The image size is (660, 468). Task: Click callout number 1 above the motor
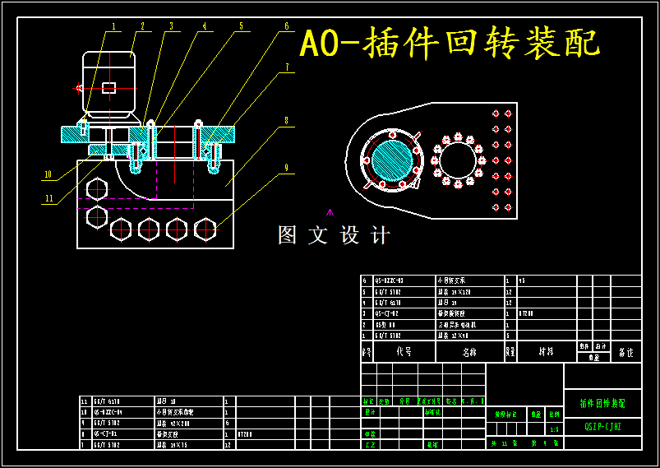(x=114, y=25)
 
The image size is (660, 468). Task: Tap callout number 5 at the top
(x=241, y=25)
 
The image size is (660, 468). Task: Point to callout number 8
(x=286, y=120)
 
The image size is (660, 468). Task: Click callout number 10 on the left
(x=48, y=174)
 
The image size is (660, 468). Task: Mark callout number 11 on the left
(x=49, y=198)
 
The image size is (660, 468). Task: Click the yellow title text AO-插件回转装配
(x=450, y=44)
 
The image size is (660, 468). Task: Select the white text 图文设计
(x=334, y=235)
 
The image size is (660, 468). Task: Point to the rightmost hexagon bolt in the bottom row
(x=205, y=229)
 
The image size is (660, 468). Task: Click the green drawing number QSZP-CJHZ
(x=602, y=427)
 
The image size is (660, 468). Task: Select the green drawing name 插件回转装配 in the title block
(x=602, y=404)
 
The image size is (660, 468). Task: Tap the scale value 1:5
(x=554, y=429)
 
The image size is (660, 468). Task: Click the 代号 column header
(x=404, y=351)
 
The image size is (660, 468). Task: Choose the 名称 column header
(x=468, y=351)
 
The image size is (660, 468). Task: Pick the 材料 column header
(x=546, y=351)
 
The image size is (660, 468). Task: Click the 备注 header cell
(x=625, y=352)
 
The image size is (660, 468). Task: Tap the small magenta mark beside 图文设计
(x=330, y=212)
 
